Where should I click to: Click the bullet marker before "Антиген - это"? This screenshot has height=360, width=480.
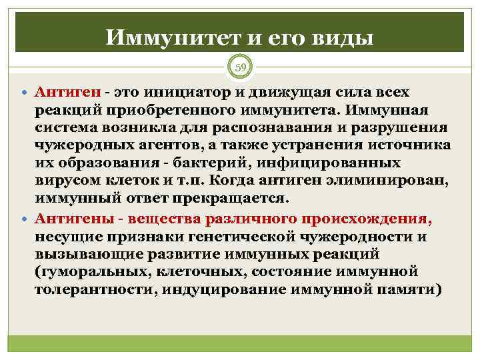pos(25,91)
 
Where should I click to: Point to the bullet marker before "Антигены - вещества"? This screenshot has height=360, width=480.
pos(25,218)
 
